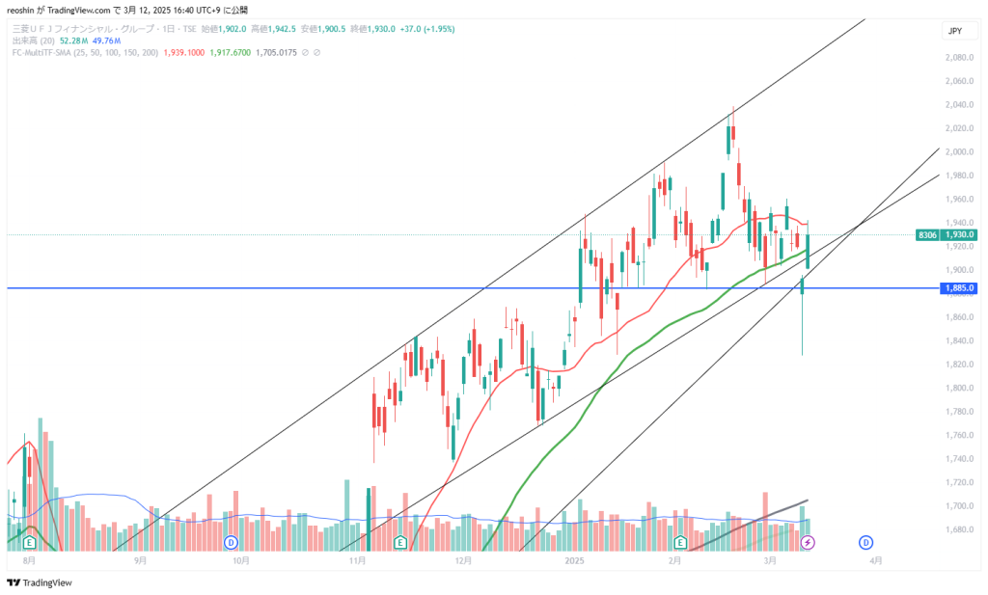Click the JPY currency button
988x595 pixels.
click(955, 31)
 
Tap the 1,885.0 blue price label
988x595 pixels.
click(960, 288)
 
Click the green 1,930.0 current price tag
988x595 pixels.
click(960, 234)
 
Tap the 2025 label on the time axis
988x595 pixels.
click(575, 559)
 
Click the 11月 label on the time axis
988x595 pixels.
click(358, 559)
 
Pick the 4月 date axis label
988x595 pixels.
click(874, 559)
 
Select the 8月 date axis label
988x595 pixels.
click(29, 559)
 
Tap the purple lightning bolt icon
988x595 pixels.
click(808, 543)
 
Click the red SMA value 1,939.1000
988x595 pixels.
click(184, 52)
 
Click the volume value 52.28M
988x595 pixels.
click(72, 41)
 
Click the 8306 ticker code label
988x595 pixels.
click(927, 234)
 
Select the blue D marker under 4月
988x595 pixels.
click(865, 542)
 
